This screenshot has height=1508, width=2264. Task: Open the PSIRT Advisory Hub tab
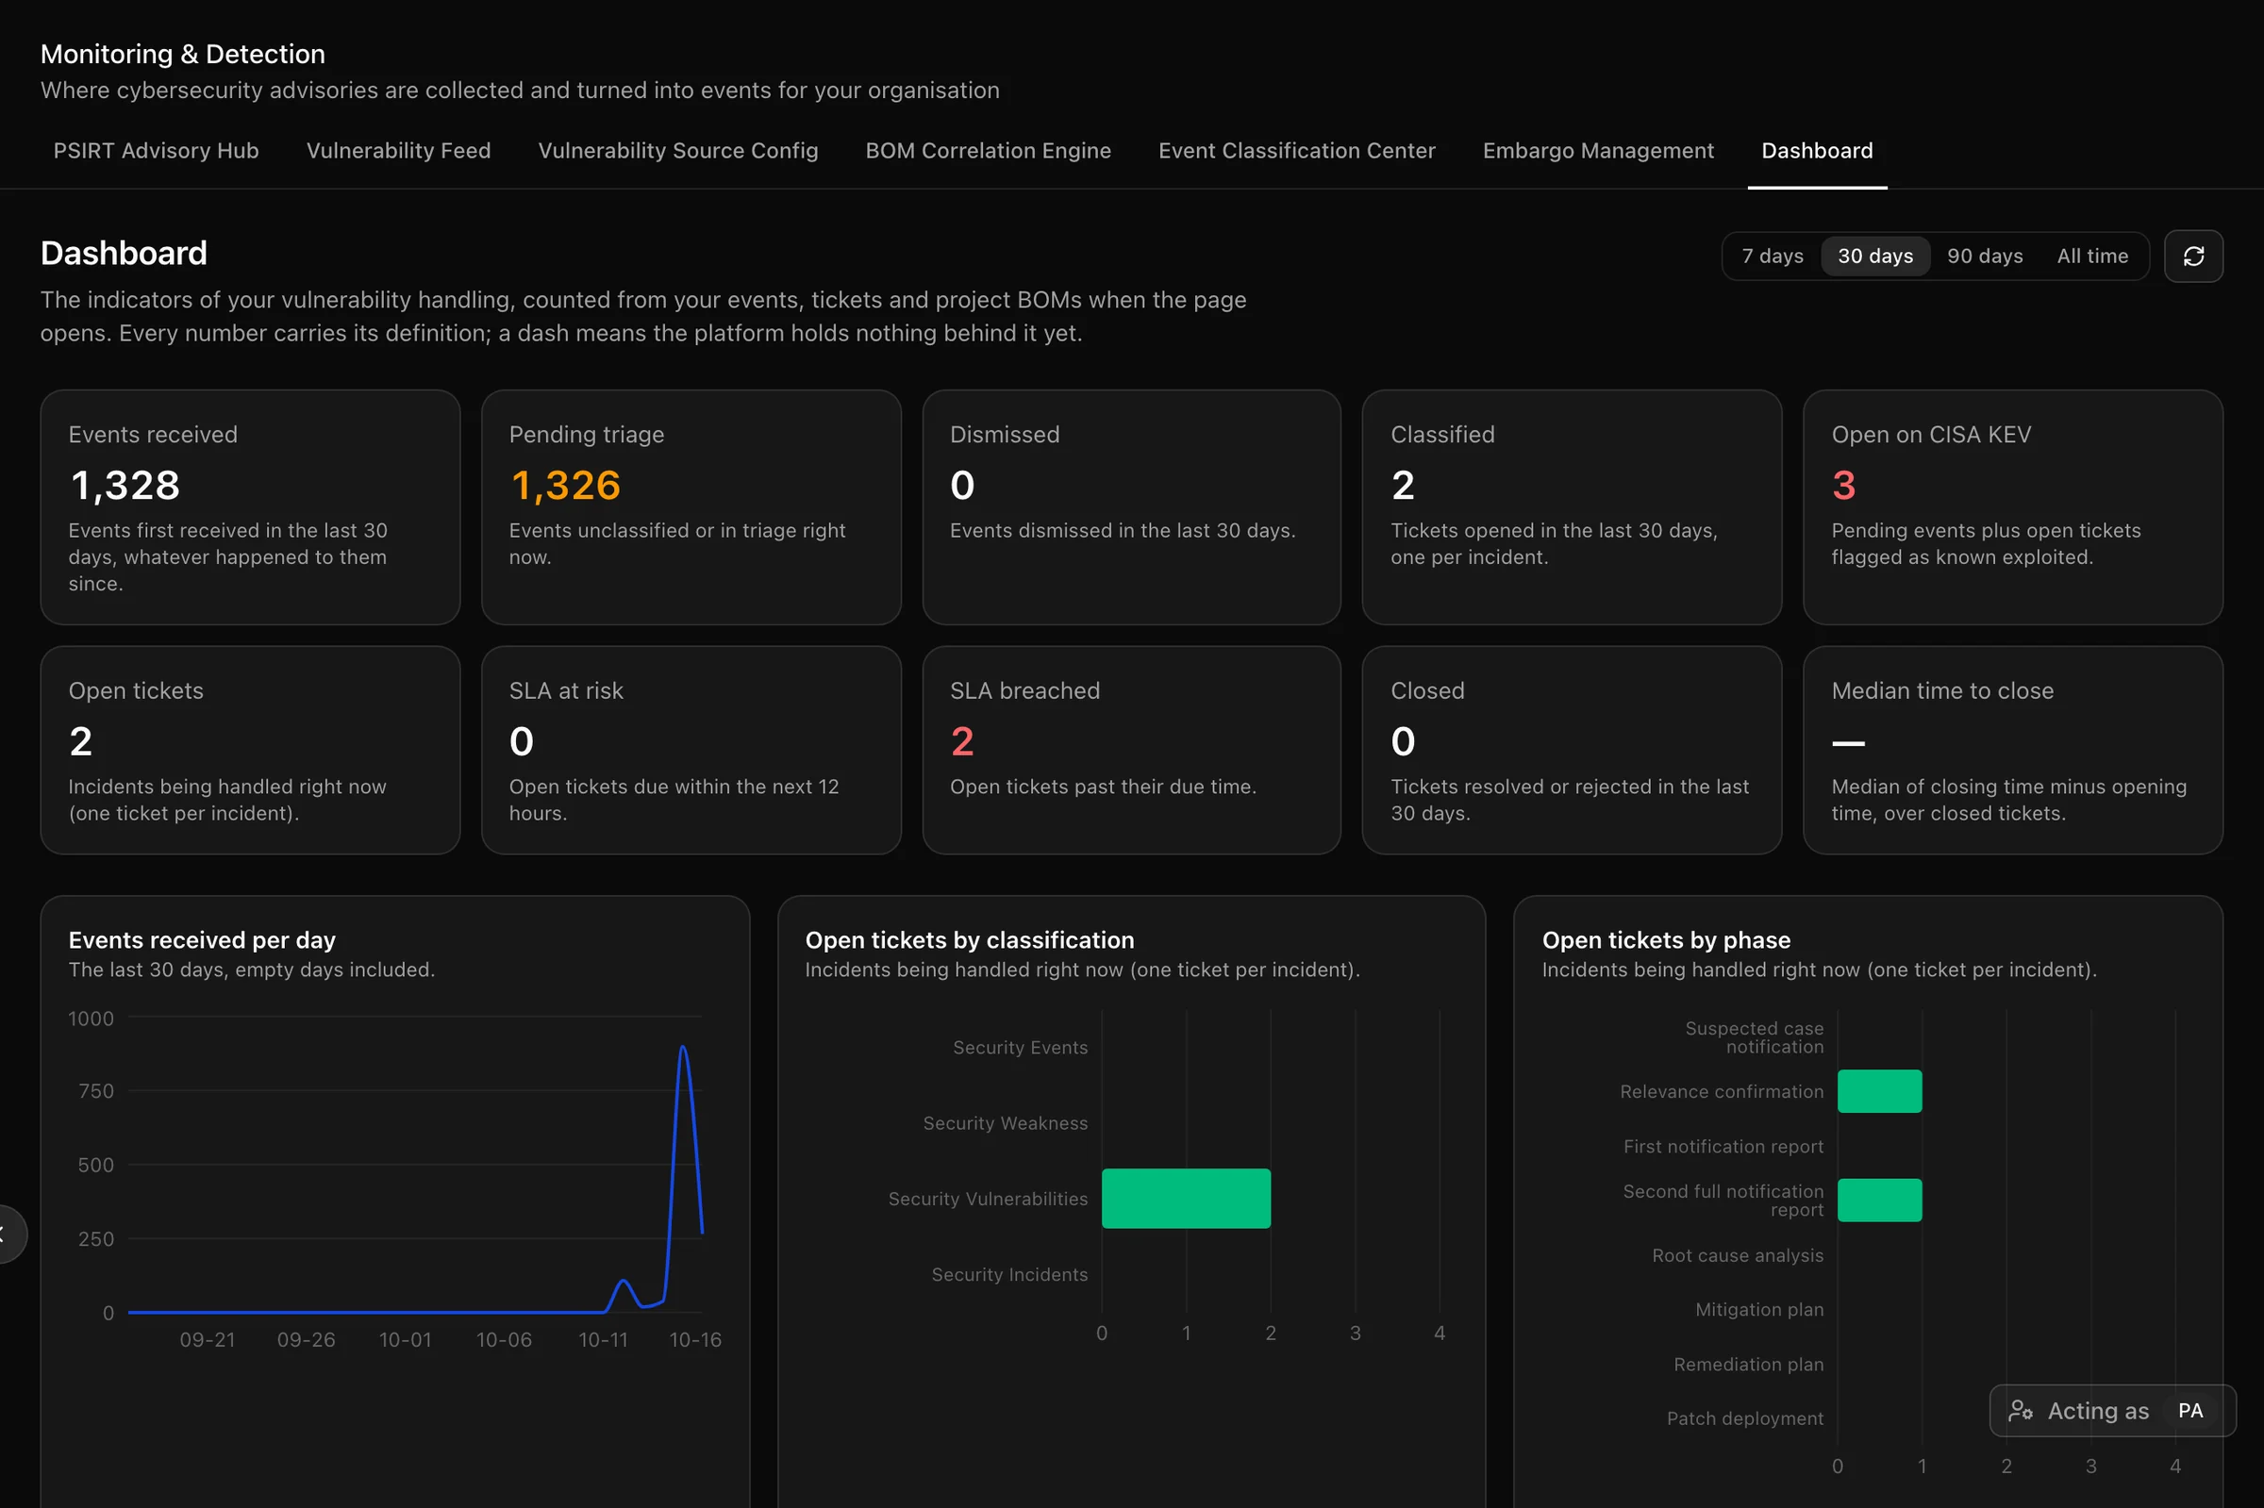click(156, 151)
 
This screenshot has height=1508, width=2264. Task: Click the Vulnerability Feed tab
click(398, 151)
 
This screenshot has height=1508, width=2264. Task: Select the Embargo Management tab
click(1597, 151)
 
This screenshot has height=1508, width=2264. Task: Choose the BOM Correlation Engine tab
click(988, 151)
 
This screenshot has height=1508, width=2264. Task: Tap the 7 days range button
click(1772, 257)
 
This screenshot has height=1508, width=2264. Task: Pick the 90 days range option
click(1984, 257)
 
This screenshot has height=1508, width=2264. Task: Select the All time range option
click(2092, 257)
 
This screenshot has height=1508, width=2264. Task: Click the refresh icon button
click(2193, 257)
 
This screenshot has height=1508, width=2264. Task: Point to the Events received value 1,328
click(125, 486)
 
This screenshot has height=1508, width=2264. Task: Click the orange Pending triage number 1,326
click(565, 486)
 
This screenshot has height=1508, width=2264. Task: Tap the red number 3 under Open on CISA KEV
click(1842, 486)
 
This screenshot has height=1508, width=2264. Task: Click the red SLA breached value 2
click(962, 741)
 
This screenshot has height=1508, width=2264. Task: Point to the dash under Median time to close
click(1848, 742)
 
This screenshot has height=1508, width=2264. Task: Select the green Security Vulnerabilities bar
click(1186, 1199)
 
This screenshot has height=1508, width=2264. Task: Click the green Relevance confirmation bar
click(1879, 1091)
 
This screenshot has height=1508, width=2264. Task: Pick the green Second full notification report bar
click(1879, 1201)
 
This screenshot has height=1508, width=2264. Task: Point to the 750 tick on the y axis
click(96, 1090)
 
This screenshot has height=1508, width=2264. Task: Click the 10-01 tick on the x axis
click(405, 1340)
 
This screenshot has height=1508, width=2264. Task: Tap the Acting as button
click(2112, 1411)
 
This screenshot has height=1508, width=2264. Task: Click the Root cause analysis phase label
click(1737, 1255)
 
